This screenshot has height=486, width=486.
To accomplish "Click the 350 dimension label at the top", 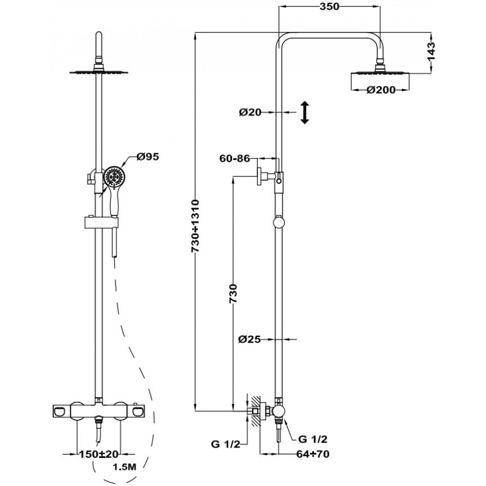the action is (329, 6).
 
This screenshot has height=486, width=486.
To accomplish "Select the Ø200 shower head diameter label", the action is (381, 90).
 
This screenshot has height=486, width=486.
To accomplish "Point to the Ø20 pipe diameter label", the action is (250, 112).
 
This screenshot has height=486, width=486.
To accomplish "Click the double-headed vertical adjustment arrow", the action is (305, 112).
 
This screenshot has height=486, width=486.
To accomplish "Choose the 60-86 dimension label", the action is (234, 158).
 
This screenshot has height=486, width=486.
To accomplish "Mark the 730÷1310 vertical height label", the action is (195, 226).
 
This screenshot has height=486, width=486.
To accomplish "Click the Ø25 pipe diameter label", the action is (249, 340).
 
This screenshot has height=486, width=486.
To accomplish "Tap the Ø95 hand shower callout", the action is (148, 157).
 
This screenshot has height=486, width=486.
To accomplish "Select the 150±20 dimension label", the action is (99, 455).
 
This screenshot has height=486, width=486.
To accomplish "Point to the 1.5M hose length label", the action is (124, 467).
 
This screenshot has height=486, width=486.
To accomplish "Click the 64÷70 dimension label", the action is (313, 454).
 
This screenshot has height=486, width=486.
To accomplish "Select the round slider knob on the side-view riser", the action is (278, 223).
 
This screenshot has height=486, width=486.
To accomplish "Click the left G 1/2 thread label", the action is (225, 444).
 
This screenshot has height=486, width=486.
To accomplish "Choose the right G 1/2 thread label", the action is (313, 439).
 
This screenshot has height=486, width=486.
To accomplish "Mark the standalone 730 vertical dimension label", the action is (233, 293).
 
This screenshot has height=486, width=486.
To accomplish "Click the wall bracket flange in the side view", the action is (259, 176).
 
